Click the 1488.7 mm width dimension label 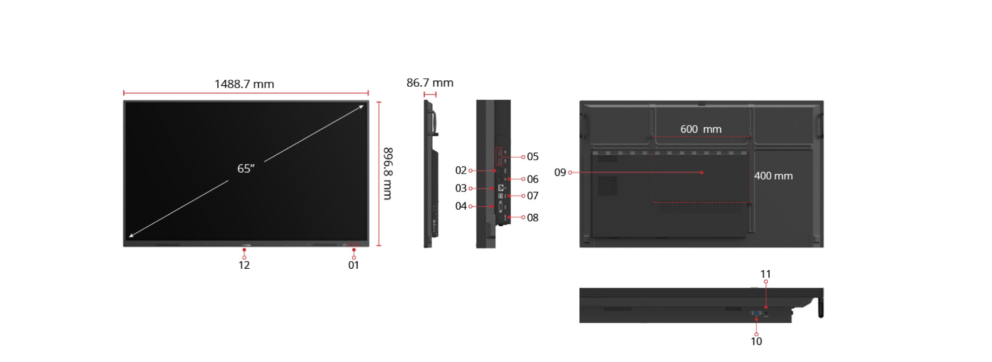click(x=244, y=84)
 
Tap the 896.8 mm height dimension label click(x=388, y=174)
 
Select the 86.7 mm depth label click(x=430, y=83)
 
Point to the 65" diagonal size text click(x=246, y=169)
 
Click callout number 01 click(x=354, y=265)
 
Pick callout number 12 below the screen click(x=244, y=265)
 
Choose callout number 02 click(x=461, y=171)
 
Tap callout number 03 click(x=461, y=188)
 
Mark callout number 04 click(x=461, y=206)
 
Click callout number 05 click(x=533, y=157)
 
